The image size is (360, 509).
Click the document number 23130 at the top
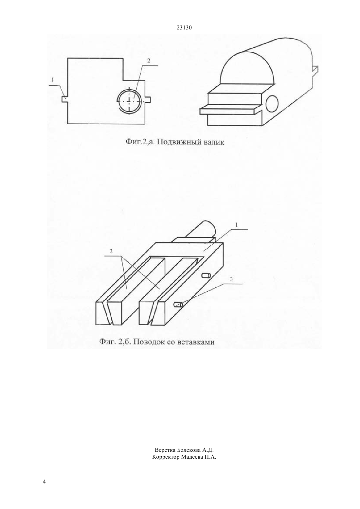(x=184, y=28)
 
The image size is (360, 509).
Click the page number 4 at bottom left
(x=44, y=481)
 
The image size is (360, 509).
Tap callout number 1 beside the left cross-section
(x=52, y=80)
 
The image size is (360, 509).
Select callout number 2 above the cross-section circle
(x=149, y=61)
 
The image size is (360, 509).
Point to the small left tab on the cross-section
(x=65, y=99)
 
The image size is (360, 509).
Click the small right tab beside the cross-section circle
(x=148, y=99)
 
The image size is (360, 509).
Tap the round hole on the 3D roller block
(x=272, y=104)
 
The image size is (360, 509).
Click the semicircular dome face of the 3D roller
(x=247, y=68)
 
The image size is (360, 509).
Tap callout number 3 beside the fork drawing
(x=231, y=279)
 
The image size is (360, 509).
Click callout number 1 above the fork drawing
(x=237, y=225)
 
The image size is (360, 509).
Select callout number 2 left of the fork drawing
(x=111, y=251)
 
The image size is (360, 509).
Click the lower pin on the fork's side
(x=178, y=305)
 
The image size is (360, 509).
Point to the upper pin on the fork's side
(x=206, y=276)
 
